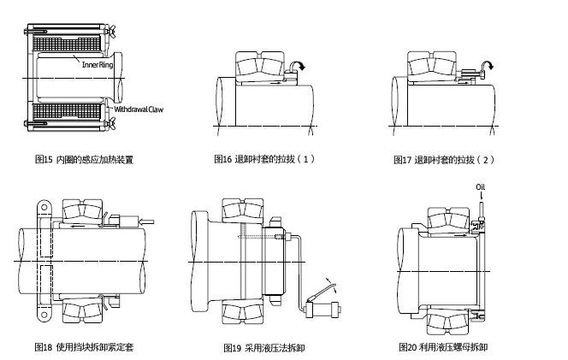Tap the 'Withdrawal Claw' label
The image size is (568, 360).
click(x=139, y=110)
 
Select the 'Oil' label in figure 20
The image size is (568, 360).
click(x=480, y=188)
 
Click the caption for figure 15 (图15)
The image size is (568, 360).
click(x=84, y=159)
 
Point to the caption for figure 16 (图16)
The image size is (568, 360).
click(x=264, y=159)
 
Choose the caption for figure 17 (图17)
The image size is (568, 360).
click(x=444, y=160)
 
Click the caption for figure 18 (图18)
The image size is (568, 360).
click(x=84, y=347)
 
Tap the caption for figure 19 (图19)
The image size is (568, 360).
click(x=263, y=347)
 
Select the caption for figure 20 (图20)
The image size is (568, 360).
click(x=443, y=347)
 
